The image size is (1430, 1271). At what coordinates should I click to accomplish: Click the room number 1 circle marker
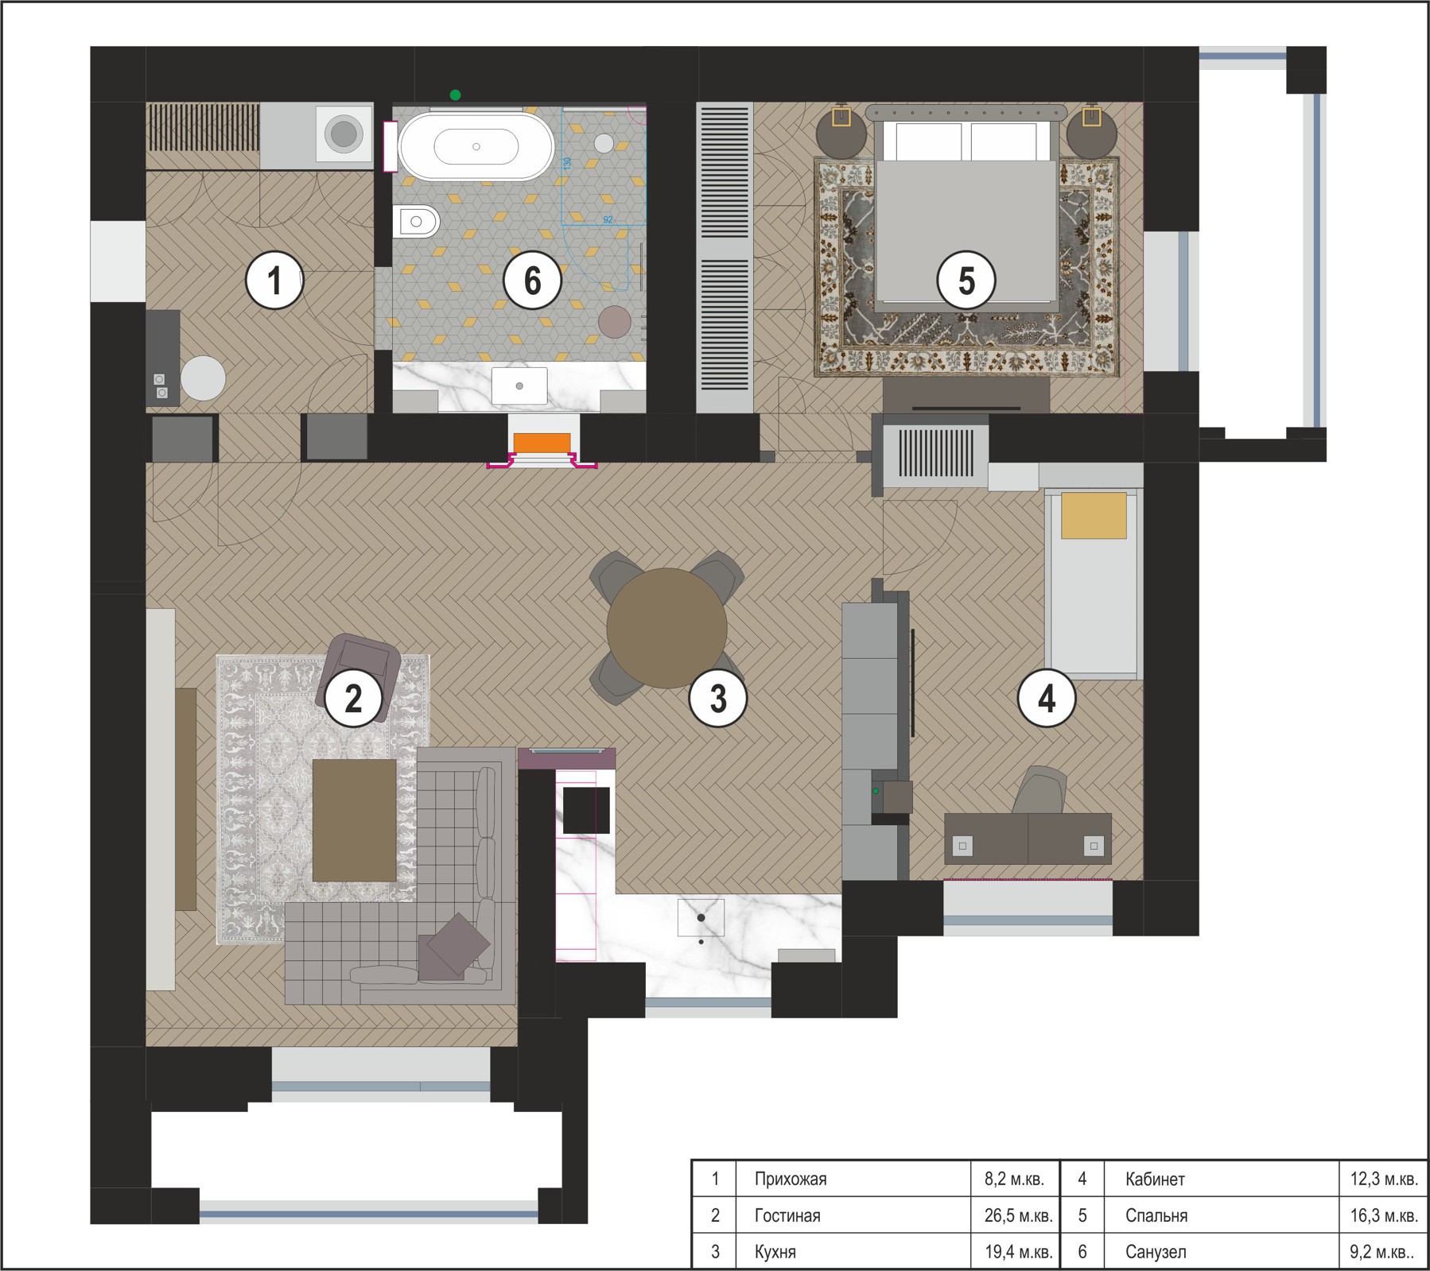(x=274, y=280)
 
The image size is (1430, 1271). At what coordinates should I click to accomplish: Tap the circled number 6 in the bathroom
(x=532, y=280)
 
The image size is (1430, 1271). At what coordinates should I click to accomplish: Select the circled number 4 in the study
(x=1047, y=699)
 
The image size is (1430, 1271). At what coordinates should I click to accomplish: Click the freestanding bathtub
(x=476, y=147)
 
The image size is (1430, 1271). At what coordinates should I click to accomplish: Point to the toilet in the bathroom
(x=416, y=222)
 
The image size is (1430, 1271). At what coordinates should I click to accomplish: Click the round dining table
(x=666, y=628)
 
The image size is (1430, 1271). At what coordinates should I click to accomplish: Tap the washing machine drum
(x=344, y=133)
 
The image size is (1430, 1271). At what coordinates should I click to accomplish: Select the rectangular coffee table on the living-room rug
(x=354, y=820)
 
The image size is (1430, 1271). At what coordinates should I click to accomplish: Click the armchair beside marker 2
(x=359, y=676)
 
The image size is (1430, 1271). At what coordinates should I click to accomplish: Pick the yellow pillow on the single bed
(x=1094, y=515)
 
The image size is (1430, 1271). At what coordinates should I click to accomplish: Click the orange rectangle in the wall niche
(x=542, y=443)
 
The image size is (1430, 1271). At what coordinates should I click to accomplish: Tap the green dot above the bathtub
(x=455, y=95)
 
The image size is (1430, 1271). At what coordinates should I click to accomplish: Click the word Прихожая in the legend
(x=791, y=1179)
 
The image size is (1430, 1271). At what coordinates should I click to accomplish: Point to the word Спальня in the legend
(x=1156, y=1215)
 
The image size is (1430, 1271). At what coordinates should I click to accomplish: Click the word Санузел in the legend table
(x=1156, y=1252)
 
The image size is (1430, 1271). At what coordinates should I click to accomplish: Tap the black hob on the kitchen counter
(x=586, y=810)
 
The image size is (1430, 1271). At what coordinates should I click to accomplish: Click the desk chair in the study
(x=1040, y=791)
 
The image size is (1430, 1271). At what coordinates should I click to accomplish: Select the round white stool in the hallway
(x=203, y=378)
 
